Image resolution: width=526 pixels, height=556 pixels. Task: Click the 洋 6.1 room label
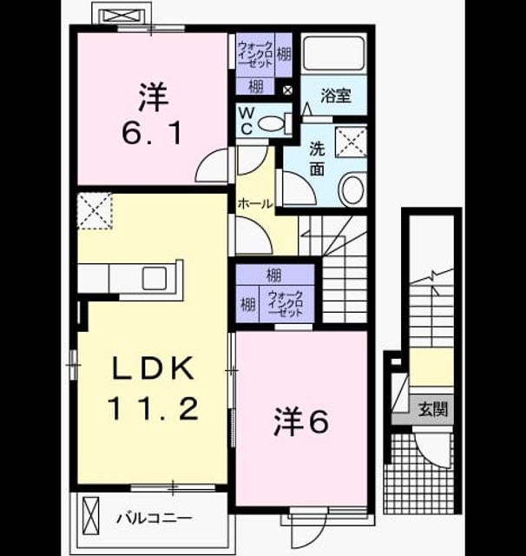tap(153, 114)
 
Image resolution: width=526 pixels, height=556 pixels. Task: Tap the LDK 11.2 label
tap(153, 388)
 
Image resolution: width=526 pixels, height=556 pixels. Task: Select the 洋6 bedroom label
tap(301, 421)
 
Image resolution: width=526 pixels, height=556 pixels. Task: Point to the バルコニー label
tap(155, 519)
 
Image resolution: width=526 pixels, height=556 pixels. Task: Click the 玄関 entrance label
tap(433, 409)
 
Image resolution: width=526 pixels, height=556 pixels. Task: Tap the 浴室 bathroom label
tap(336, 96)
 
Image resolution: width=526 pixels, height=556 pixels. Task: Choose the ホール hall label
tap(255, 203)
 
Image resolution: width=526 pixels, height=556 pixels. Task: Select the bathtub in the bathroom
tap(334, 53)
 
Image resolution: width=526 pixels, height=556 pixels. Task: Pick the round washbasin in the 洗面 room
tap(352, 189)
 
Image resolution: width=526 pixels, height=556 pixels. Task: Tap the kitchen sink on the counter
tap(155, 278)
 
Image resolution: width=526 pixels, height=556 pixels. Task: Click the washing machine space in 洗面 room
tap(351, 142)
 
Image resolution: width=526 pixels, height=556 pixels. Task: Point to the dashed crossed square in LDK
tap(95, 211)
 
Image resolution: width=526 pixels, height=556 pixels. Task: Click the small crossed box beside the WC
tap(287, 90)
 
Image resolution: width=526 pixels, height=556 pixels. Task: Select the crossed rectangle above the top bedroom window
tap(122, 17)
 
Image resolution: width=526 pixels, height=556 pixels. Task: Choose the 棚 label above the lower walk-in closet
tap(273, 275)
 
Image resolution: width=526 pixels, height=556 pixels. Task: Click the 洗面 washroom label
tap(317, 159)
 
